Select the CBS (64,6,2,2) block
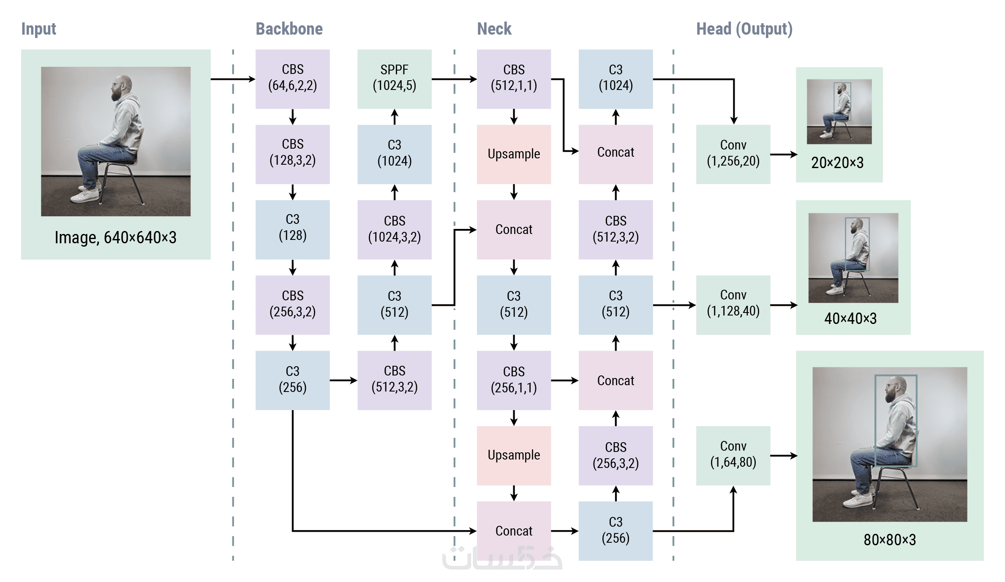292,79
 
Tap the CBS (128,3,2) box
292,154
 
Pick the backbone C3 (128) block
292,229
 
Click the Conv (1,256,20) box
733,154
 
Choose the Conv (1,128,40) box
733,305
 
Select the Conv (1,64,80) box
733,455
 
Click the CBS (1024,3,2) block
394,229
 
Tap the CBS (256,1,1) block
514,380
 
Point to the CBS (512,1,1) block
514,79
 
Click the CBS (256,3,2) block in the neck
616,455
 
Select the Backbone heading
289,29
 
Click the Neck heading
494,29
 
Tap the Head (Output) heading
744,29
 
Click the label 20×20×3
837,163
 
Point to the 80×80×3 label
890,540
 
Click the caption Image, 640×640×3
115,238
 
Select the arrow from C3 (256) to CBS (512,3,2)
343,381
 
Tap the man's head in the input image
121,87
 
